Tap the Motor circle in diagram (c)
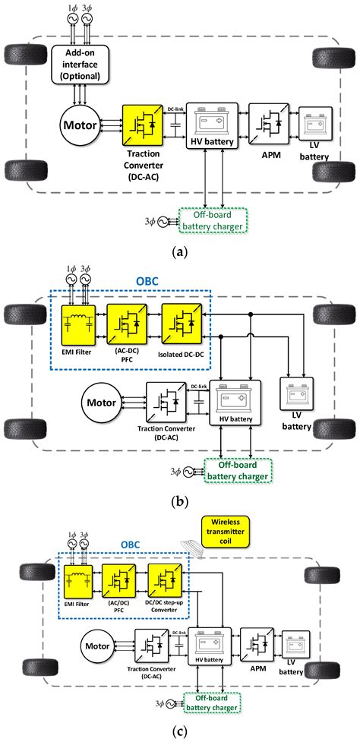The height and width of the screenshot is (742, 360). coord(98,647)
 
